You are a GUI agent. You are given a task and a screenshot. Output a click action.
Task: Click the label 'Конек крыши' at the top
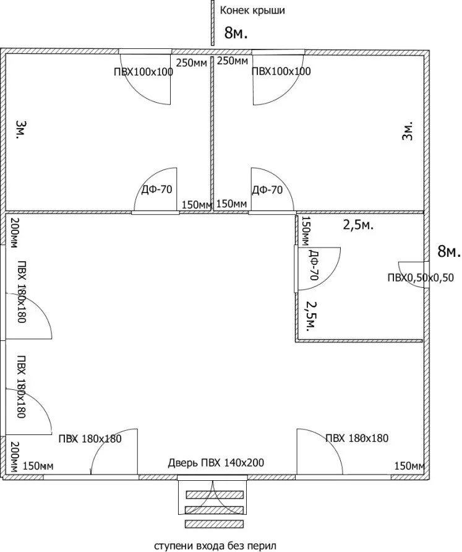tap(252, 11)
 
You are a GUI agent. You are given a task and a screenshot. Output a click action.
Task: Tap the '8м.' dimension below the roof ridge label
tap(236, 33)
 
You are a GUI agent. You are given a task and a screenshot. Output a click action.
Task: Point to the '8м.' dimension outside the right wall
tap(449, 251)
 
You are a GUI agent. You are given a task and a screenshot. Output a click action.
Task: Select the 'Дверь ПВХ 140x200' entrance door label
tap(216, 462)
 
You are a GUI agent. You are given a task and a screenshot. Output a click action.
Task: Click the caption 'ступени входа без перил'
tap(215, 546)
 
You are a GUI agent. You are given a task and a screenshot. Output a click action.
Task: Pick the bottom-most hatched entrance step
tap(214, 524)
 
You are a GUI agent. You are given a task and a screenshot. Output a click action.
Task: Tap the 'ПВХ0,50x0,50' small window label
tap(421, 278)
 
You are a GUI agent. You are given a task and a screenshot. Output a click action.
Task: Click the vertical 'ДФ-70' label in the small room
tap(313, 264)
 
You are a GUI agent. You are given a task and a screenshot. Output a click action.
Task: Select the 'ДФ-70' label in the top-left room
tap(156, 190)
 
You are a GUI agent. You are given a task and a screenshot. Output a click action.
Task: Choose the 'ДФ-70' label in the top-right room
tap(267, 190)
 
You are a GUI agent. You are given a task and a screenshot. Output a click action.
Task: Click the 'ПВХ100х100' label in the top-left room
tap(143, 72)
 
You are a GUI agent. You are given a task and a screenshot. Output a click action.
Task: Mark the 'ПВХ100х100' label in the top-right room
tap(281, 71)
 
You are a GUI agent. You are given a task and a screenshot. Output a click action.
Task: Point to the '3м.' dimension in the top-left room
tap(22, 129)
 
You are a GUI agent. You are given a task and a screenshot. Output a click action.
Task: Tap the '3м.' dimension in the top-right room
tap(407, 132)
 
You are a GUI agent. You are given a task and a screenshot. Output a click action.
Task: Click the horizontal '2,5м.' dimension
tap(358, 225)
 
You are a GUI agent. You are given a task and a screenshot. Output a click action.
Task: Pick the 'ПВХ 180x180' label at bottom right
tap(357, 438)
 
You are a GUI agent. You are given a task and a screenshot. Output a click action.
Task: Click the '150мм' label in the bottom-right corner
tap(409, 466)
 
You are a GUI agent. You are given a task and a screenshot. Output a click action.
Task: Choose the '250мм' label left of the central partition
tap(191, 63)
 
